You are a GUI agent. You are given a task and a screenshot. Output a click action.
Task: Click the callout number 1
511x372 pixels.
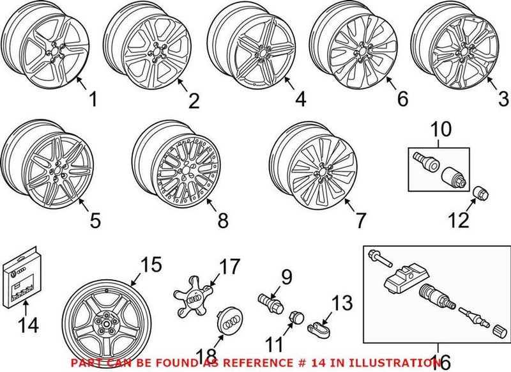(x=93, y=100)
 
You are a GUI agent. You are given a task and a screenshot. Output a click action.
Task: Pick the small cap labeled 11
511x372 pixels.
(x=296, y=316)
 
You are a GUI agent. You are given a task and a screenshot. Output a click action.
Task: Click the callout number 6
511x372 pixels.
(x=401, y=99)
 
